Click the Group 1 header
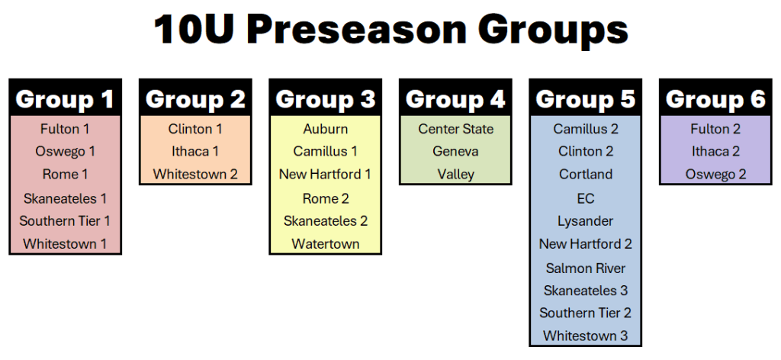(x=65, y=99)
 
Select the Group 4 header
(x=455, y=99)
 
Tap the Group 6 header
(x=715, y=99)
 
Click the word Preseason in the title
(x=355, y=30)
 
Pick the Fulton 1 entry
(x=65, y=129)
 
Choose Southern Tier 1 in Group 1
(x=65, y=220)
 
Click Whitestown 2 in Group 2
(x=195, y=174)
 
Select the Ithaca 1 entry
(x=195, y=151)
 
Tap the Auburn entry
(x=325, y=129)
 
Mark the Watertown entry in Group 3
(x=325, y=244)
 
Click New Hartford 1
(x=325, y=174)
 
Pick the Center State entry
(x=456, y=129)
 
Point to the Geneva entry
(x=456, y=151)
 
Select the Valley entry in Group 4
(x=456, y=174)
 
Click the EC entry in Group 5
(x=586, y=198)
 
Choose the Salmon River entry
(x=586, y=268)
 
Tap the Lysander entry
(x=586, y=220)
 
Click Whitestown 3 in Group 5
(x=586, y=336)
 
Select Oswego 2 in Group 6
(x=715, y=174)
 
